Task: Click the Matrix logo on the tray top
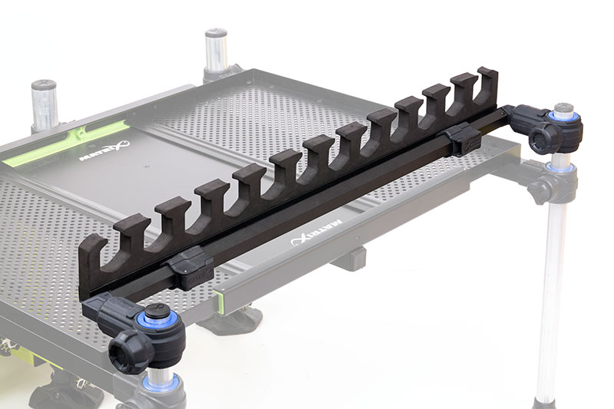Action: click(106, 153)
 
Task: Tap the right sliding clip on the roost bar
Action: click(464, 138)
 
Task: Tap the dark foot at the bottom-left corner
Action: click(65, 391)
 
